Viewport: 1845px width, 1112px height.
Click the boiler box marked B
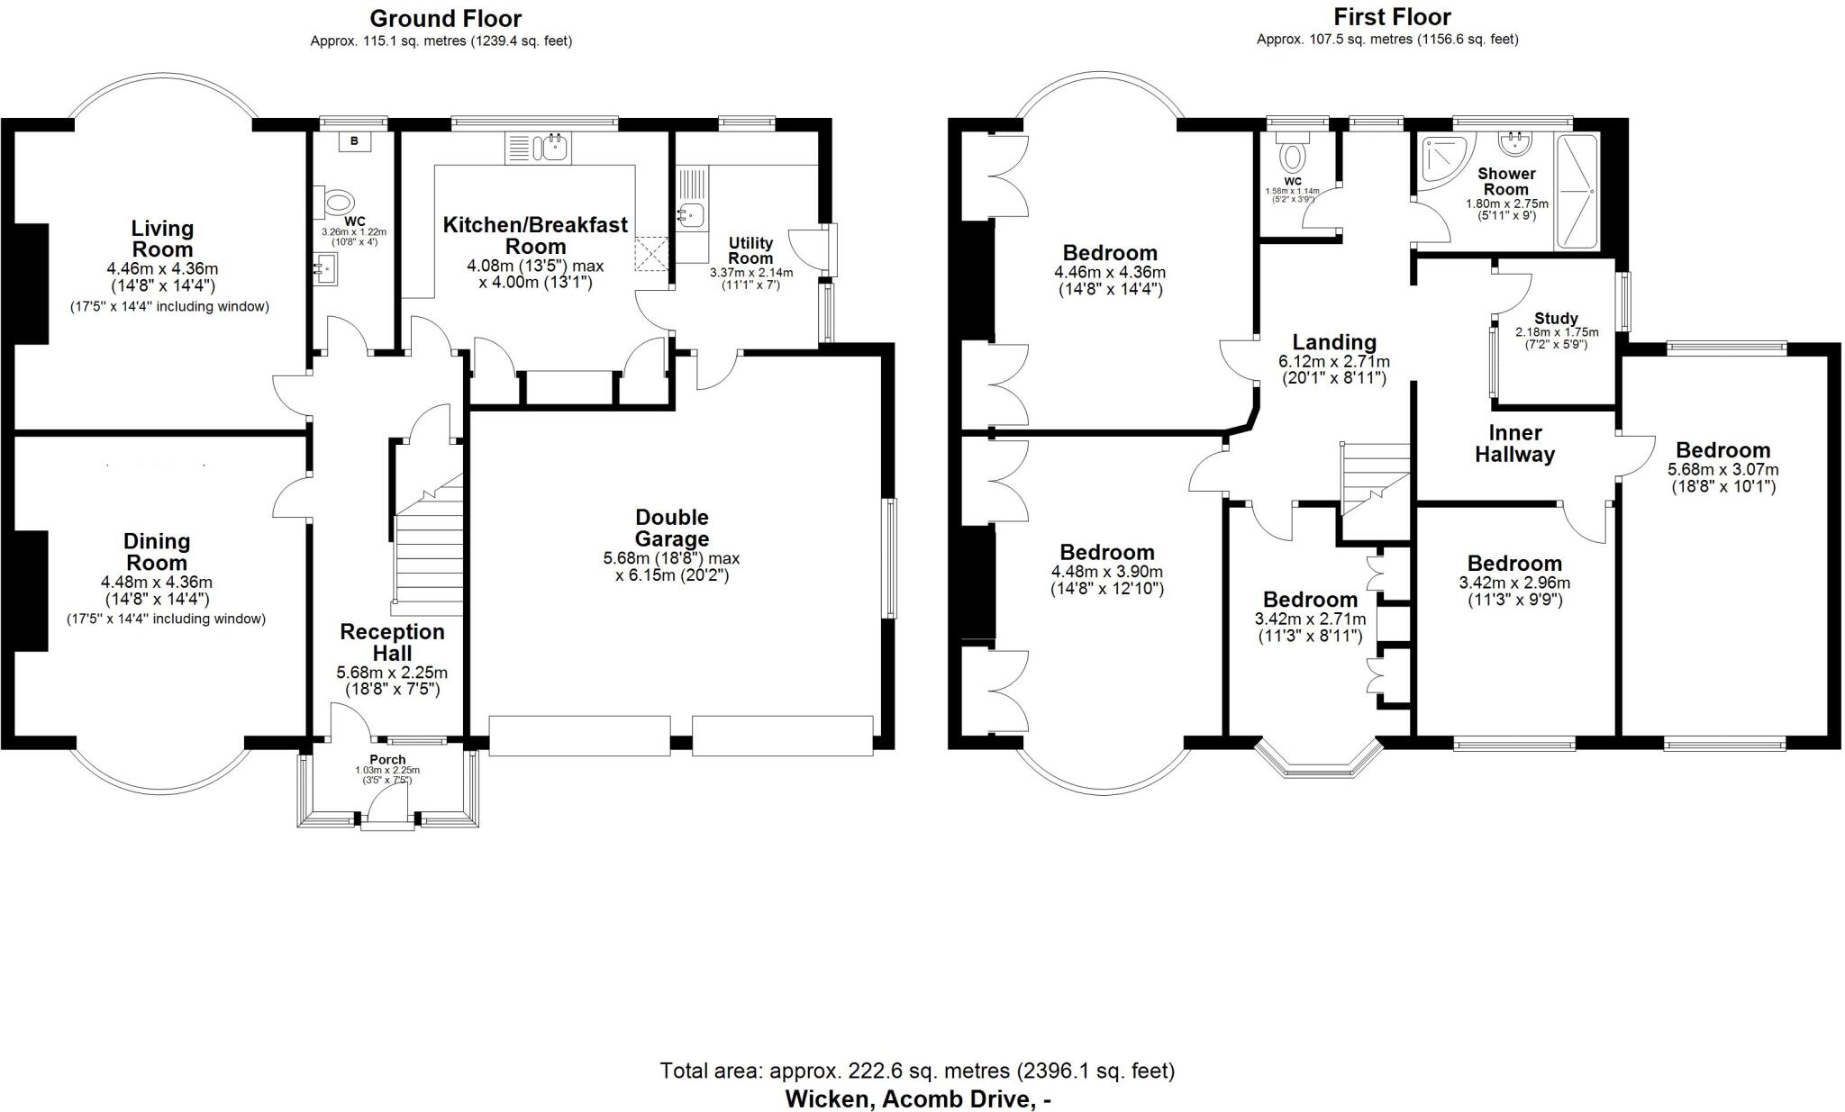[x=354, y=141]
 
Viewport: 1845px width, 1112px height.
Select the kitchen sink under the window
[x=538, y=149]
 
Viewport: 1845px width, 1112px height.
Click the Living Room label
[x=162, y=239]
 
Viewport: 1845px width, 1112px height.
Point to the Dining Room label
[x=157, y=551]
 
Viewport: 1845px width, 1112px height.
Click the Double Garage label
[x=671, y=528]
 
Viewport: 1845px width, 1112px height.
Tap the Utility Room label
[x=750, y=250]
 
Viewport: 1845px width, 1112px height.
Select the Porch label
[x=387, y=759]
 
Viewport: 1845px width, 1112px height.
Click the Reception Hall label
[x=392, y=642]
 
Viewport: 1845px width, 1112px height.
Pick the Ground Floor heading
[x=445, y=18]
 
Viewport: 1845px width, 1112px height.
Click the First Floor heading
[x=1392, y=16]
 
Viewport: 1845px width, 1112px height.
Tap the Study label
[x=1556, y=318]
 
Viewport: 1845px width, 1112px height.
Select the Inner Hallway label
[x=1514, y=443]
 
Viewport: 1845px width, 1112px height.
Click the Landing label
[x=1334, y=342]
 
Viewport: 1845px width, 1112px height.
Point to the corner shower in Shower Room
[x=1441, y=160]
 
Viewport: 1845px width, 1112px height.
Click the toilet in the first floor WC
[x=1293, y=156]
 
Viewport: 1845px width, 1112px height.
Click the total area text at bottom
[x=916, y=1071]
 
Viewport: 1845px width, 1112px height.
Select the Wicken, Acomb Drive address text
[x=918, y=1098]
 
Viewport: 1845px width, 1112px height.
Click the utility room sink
[x=692, y=215]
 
